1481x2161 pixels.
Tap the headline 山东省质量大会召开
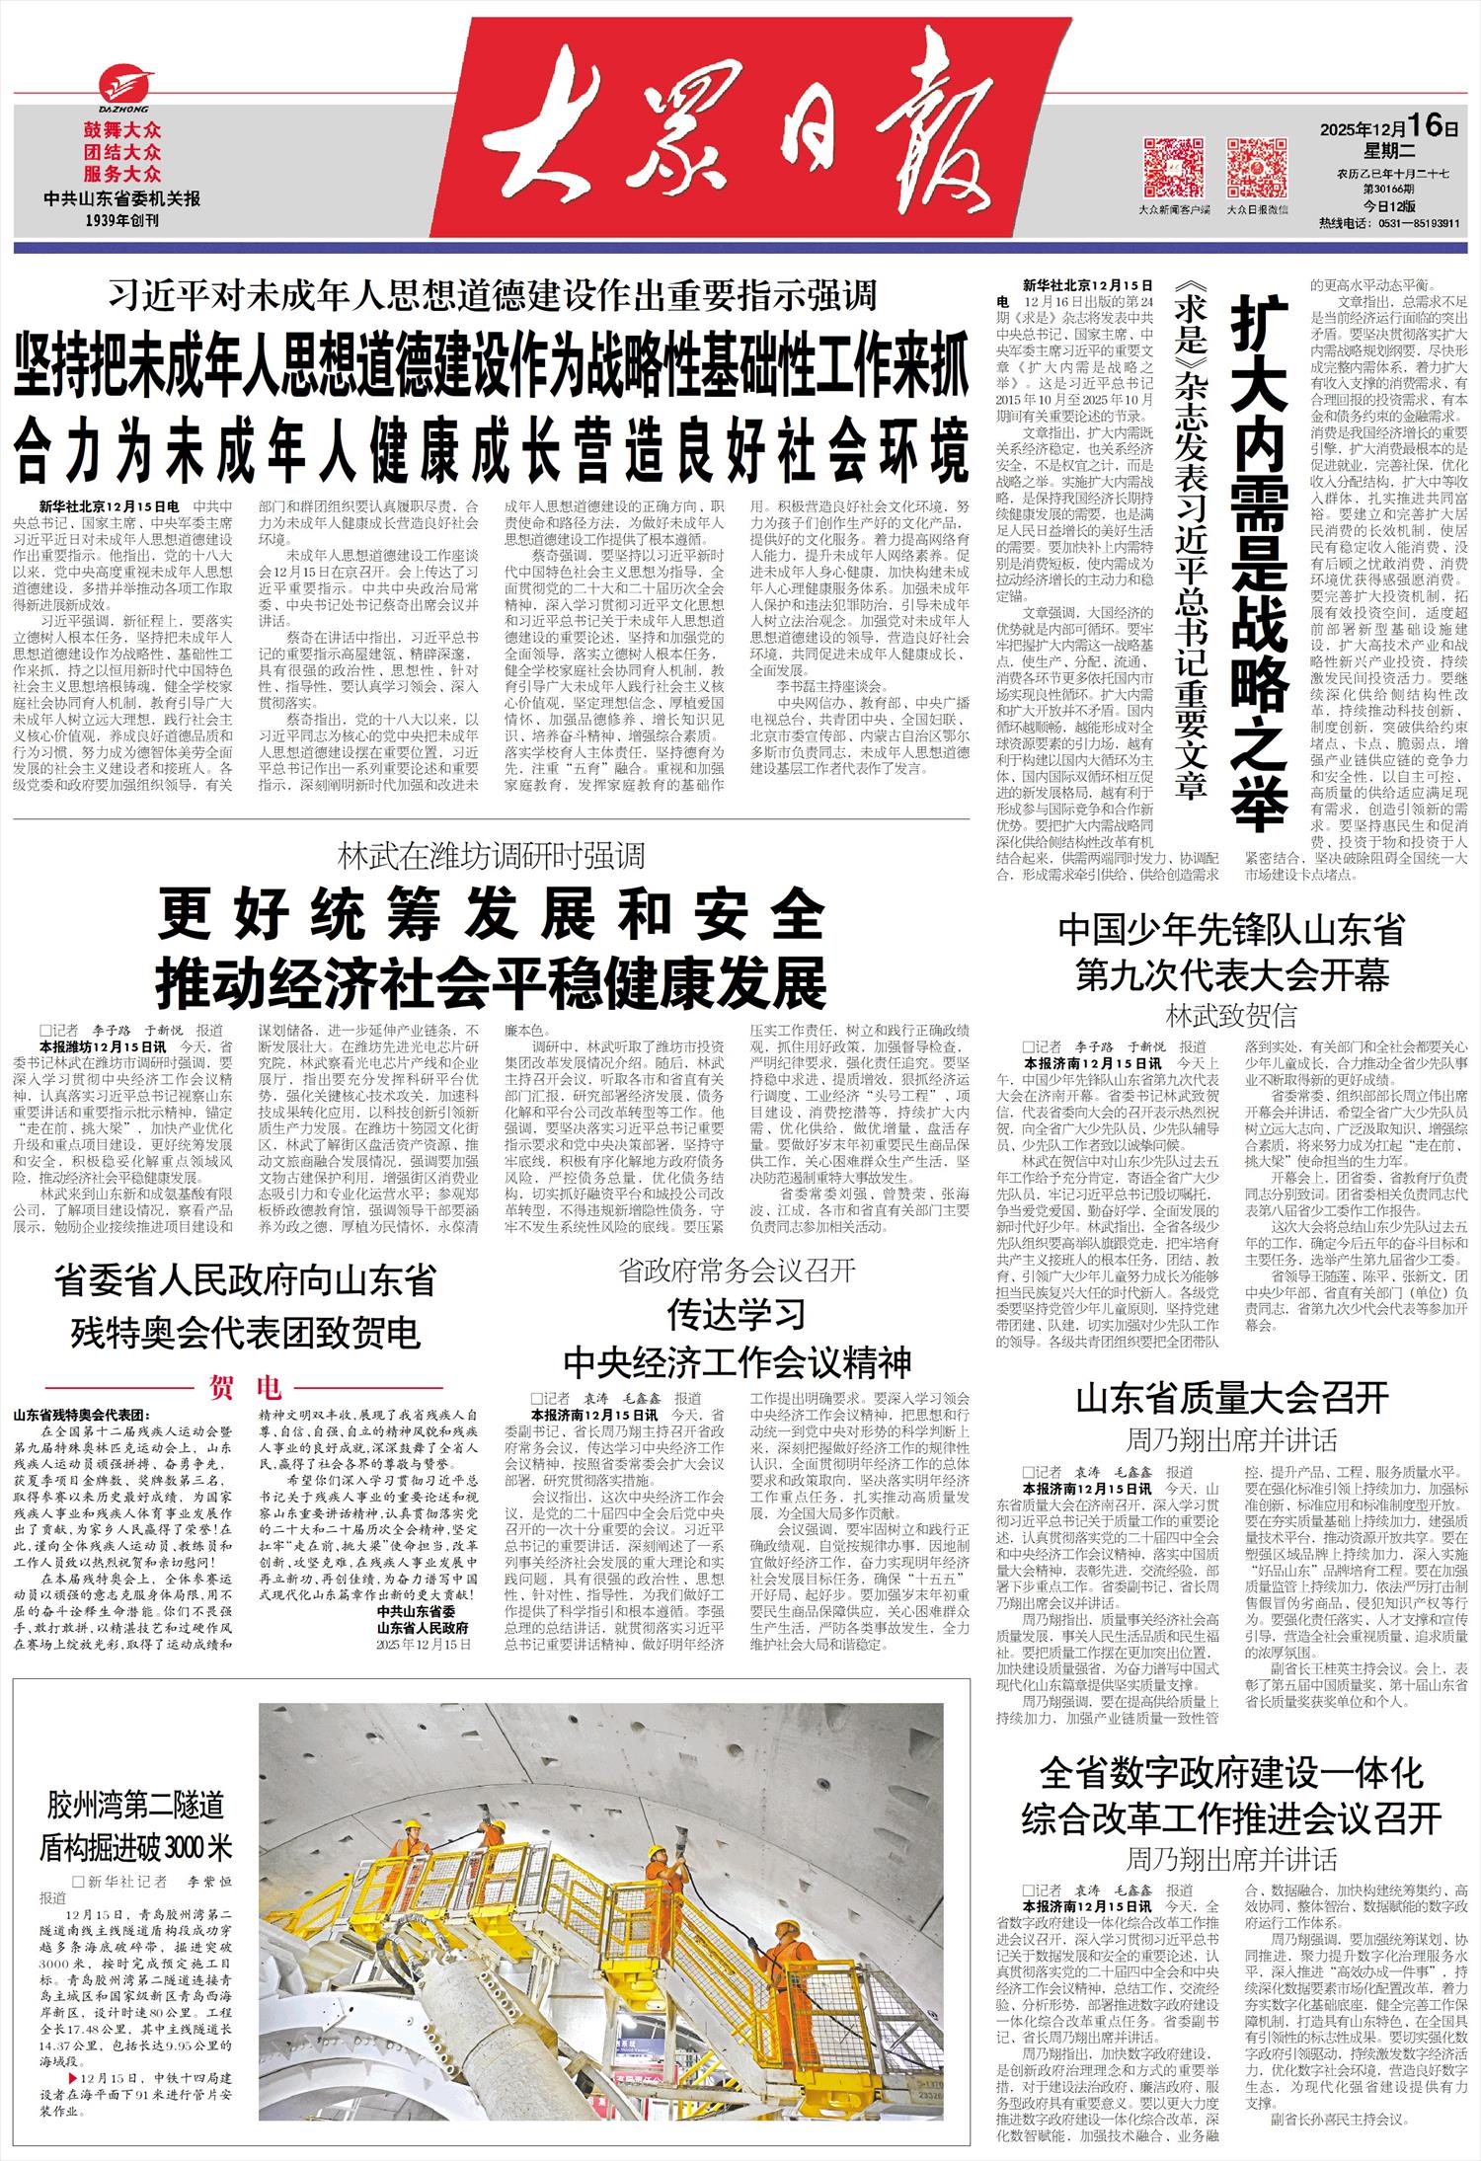coord(1231,1398)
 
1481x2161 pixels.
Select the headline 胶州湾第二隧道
coord(135,1806)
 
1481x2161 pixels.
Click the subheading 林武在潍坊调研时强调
coord(491,855)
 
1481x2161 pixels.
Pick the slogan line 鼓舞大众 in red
coord(122,130)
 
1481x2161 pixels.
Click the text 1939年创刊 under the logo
coord(122,220)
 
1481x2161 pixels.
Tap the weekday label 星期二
coord(1390,151)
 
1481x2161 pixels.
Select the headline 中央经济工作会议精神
coord(737,1362)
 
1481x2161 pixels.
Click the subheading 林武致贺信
coord(1231,1015)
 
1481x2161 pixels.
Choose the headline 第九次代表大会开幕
coord(1231,976)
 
